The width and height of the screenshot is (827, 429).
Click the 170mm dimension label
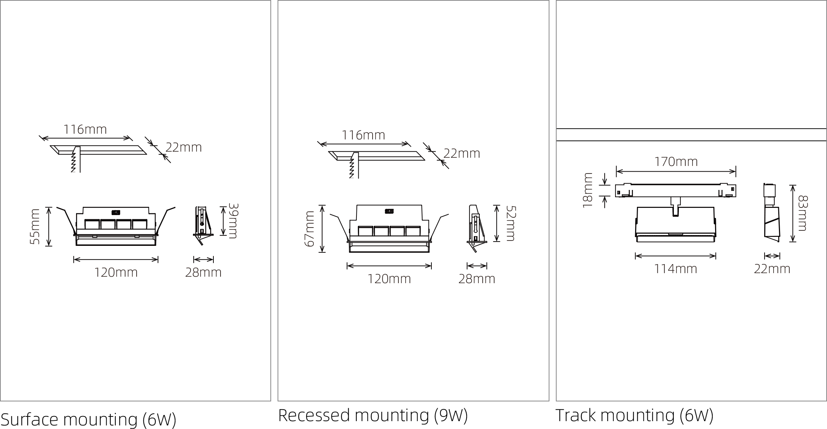point(676,162)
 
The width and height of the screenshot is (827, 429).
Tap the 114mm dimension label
point(676,269)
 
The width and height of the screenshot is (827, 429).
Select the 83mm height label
point(802,213)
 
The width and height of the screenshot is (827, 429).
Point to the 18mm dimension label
point(588,190)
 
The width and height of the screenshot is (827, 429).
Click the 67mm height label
point(309,229)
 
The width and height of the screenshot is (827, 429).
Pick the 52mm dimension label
point(510,223)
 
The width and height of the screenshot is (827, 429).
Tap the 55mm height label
point(35,227)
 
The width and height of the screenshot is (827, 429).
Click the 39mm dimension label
point(233,221)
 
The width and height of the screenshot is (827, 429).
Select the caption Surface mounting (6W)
point(89,420)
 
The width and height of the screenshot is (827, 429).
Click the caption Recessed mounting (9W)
point(373,415)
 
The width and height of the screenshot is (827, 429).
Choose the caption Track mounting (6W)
point(634,415)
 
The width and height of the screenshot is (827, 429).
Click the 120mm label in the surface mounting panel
point(116,273)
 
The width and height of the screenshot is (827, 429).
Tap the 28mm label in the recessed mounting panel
point(477,279)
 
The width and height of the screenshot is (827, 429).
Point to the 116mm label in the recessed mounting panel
point(363,135)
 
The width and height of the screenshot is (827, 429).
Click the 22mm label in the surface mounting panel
point(184,147)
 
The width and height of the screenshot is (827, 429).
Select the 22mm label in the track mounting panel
point(772,269)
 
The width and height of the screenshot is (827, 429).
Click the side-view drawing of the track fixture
point(771,213)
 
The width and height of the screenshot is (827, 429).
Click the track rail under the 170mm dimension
point(676,191)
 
